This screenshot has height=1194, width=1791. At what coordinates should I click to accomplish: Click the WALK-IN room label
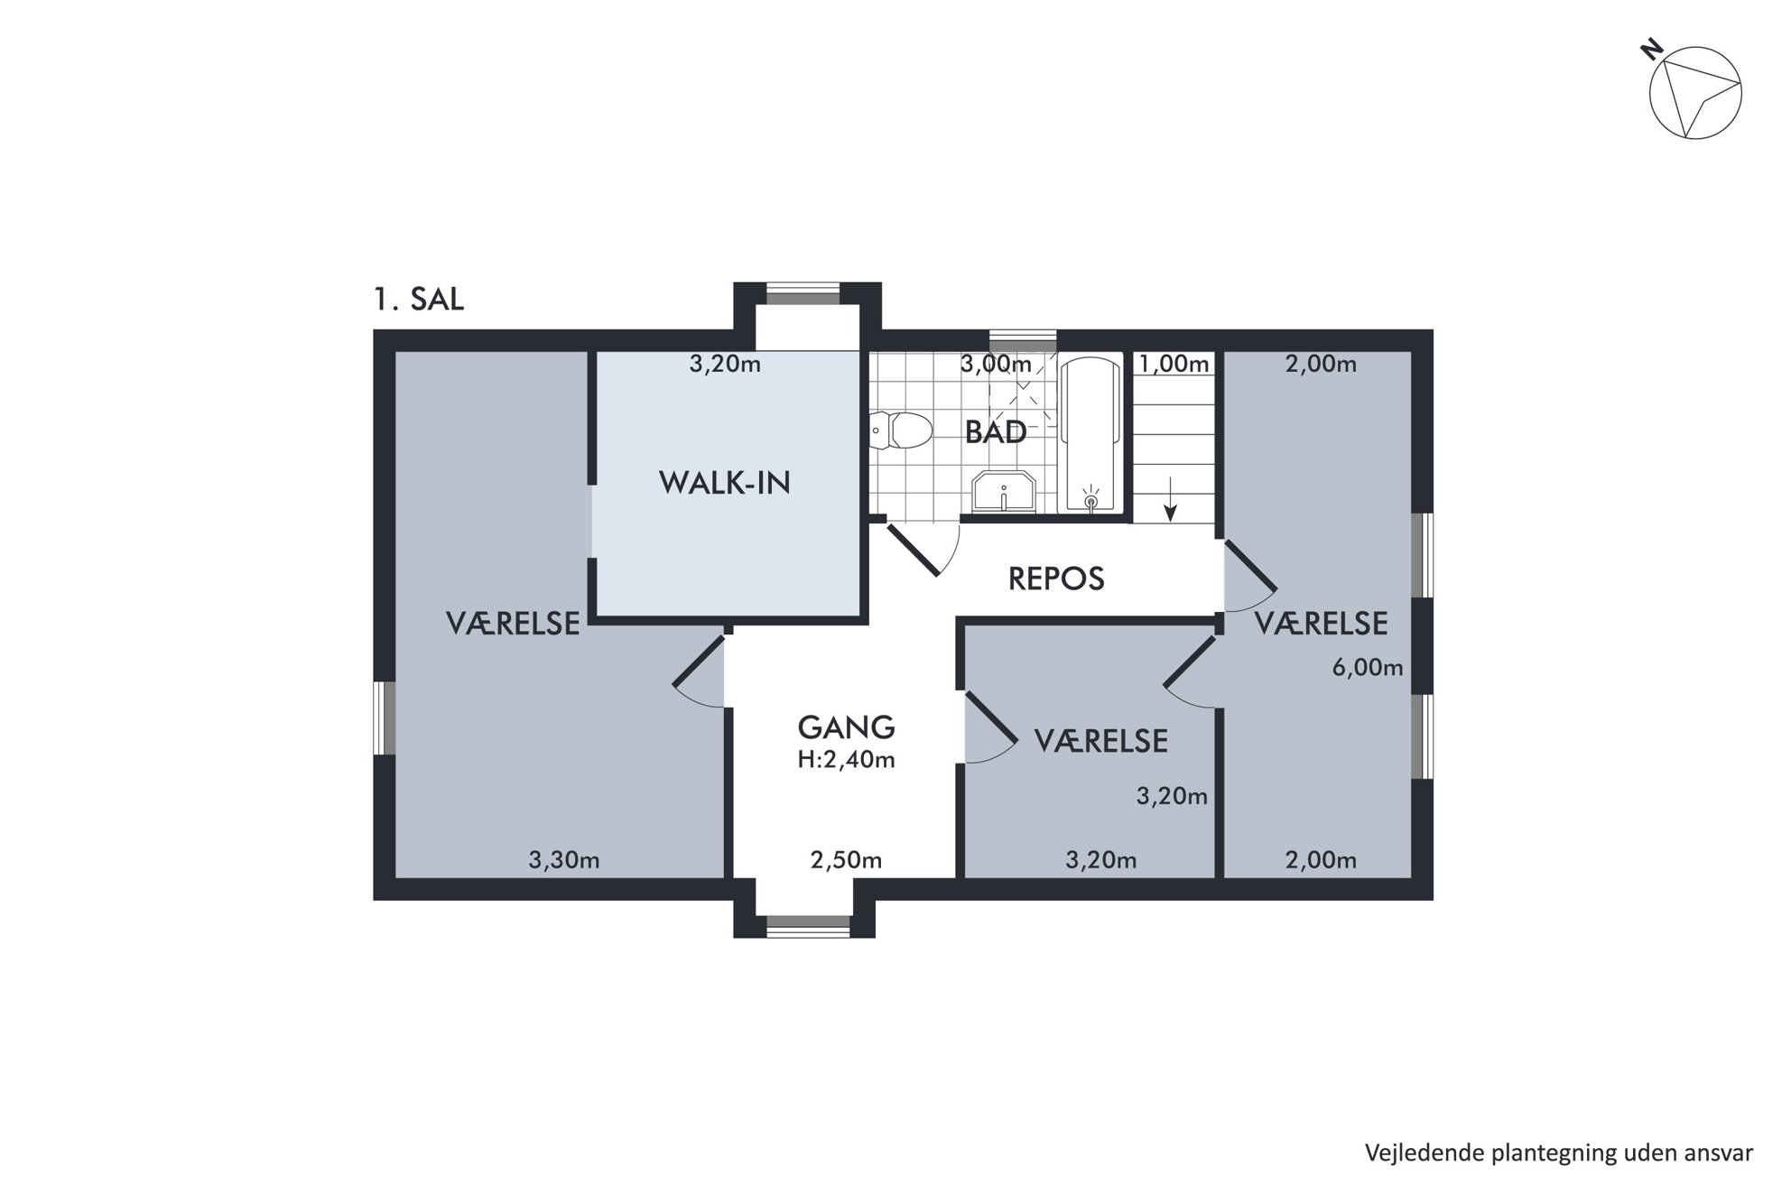724,483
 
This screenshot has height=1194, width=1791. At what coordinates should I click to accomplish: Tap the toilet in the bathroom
900,430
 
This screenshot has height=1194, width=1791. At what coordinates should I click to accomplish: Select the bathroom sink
1003,492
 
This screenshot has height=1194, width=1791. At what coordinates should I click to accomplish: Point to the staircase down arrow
1171,499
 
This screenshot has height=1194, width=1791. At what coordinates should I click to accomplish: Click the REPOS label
1056,578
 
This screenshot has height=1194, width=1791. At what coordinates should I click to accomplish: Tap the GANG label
846,727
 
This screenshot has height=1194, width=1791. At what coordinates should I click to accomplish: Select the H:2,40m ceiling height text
846,760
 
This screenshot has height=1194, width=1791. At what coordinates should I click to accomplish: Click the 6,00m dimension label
1368,668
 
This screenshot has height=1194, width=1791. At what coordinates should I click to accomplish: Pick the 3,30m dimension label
564,860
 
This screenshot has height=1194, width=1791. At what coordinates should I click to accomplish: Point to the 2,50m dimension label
846,860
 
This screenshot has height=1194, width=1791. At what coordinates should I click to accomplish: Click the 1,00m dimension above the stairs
1174,364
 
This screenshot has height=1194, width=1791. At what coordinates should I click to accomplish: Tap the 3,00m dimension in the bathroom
996,364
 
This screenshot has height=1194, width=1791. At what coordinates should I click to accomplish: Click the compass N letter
1652,49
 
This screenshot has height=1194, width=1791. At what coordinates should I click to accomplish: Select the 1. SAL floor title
419,299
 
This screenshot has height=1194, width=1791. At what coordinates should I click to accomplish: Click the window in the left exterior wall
385,717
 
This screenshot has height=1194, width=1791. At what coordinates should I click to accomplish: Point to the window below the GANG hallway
808,926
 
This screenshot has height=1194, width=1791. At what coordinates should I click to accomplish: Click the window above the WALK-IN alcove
803,294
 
